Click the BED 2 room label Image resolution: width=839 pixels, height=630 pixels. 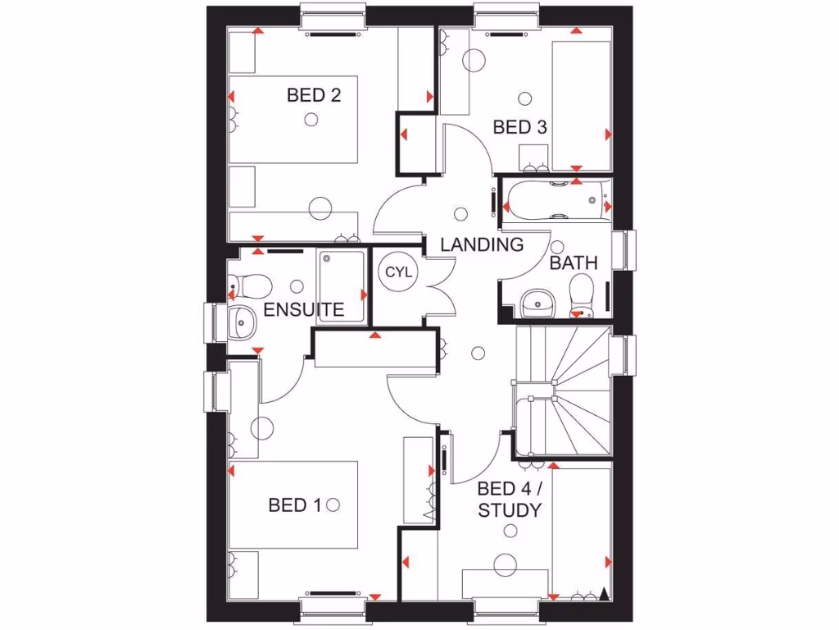[x=314, y=95]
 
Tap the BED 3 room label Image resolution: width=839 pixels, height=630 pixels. [x=519, y=127]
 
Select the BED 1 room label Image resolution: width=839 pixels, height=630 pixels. [x=295, y=505]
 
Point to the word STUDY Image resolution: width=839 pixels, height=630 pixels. [x=510, y=510]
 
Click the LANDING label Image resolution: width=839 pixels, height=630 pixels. [x=482, y=244]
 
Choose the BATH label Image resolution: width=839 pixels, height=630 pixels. [x=574, y=263]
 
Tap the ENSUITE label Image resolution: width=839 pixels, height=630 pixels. [x=303, y=310]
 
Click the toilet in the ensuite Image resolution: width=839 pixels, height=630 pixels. [x=249, y=285]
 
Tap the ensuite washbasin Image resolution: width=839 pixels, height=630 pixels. [x=242, y=322]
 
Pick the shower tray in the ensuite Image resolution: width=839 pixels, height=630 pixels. [x=341, y=285]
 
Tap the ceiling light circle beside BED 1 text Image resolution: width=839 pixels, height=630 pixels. [x=333, y=505]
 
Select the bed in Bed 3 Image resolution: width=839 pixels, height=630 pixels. [x=581, y=104]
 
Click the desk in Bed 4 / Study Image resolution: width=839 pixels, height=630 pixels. [x=505, y=583]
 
